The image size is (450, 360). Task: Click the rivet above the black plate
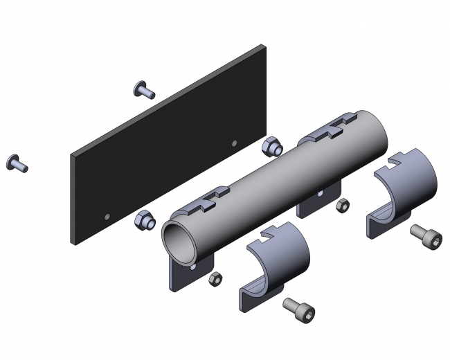[143, 89]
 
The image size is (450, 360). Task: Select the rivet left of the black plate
[17, 163]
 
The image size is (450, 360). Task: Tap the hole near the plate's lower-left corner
[106, 216]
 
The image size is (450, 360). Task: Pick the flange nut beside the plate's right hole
[271, 146]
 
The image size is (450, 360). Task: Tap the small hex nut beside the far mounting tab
[341, 205]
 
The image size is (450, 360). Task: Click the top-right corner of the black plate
[264, 46]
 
